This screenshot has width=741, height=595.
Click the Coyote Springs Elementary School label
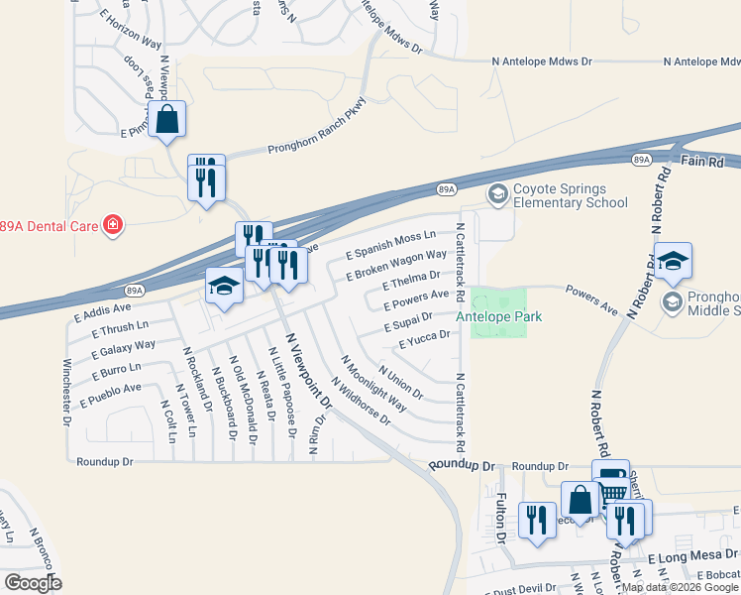pos(570,196)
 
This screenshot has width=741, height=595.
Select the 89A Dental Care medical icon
pos(114,225)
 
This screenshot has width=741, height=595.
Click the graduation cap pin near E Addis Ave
pos(225,288)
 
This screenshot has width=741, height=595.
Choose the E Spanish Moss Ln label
pos(390,245)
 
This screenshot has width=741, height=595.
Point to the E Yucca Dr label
pos(424,340)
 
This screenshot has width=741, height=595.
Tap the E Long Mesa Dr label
pos(692,558)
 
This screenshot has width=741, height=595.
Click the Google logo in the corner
pos(33,583)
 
